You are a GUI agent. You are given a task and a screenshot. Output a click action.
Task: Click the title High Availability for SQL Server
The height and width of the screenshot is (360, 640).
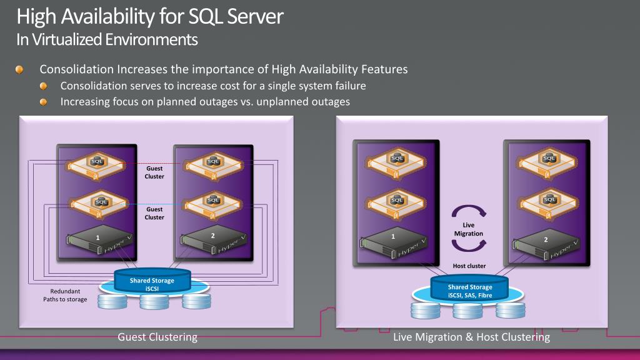tap(150, 16)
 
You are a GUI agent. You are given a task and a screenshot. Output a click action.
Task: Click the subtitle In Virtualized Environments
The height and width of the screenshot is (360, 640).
tap(107, 39)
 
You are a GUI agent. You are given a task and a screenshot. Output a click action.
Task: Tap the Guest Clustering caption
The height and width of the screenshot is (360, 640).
tap(157, 337)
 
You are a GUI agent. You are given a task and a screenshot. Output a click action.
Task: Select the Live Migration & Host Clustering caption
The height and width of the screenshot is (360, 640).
tap(471, 337)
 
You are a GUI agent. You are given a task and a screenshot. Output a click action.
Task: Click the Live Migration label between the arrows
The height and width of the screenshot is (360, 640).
tap(469, 229)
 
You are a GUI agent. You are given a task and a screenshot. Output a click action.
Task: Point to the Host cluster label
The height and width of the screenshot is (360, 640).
tap(469, 266)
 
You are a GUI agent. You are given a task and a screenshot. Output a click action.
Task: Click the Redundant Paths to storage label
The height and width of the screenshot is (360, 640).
tap(65, 296)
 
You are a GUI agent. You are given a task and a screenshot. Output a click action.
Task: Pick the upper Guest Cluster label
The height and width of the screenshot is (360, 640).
tap(154, 172)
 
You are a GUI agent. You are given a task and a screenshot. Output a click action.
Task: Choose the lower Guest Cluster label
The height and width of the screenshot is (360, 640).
tap(154, 213)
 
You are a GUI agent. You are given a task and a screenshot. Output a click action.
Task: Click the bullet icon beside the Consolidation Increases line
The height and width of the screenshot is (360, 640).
tap(21, 69)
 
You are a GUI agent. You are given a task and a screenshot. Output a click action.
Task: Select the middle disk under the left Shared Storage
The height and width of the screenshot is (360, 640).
tap(153, 301)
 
